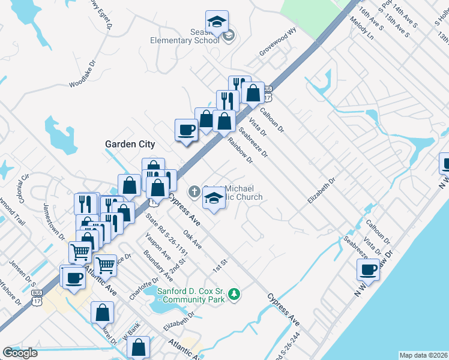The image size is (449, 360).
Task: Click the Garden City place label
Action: tap(130, 144)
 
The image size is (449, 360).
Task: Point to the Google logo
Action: tap(20, 353)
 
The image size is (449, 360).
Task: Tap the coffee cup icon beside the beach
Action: tap(369, 269)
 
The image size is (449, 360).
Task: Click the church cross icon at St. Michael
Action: tap(194, 192)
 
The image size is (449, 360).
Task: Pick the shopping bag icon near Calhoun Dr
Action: tap(253, 94)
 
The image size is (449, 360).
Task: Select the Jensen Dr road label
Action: tap(21, 270)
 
